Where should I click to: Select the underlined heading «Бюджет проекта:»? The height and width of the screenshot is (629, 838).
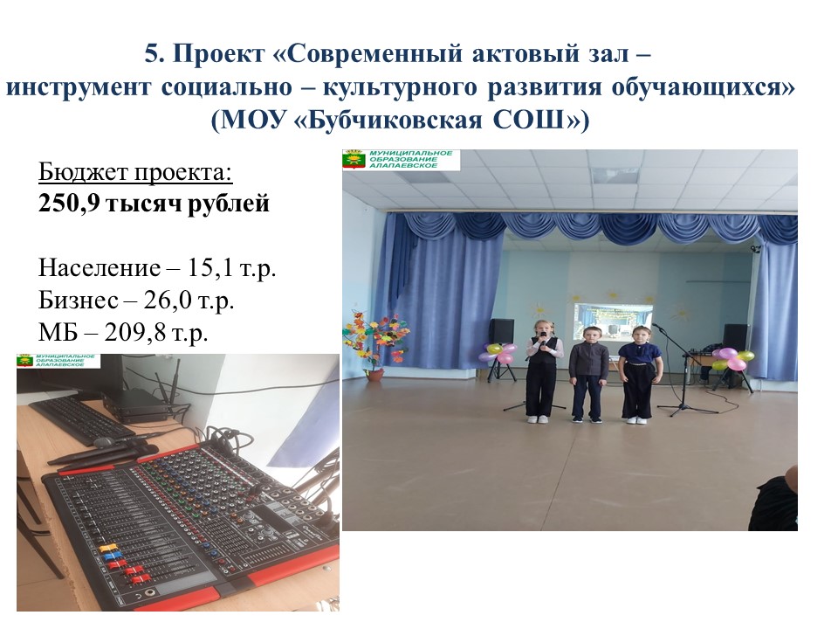pos(136,172)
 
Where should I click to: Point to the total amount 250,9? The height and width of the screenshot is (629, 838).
pos(68,204)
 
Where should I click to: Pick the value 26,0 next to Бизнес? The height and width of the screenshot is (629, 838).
pos(167,301)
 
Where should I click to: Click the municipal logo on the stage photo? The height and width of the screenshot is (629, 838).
pos(402,159)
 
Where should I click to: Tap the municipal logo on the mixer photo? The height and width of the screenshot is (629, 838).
pos(58,361)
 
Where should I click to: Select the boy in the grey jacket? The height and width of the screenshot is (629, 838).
pos(587,374)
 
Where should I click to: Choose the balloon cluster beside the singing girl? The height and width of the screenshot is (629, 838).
pos(497,354)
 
